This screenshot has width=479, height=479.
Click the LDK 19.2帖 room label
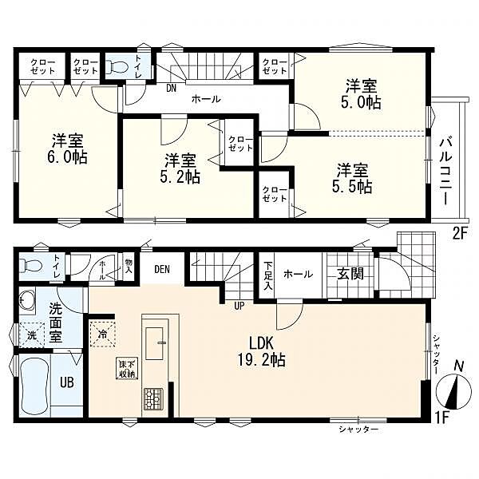point(263,351)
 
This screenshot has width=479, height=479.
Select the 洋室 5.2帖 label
point(180,168)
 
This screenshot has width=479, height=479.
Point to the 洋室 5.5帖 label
point(352,178)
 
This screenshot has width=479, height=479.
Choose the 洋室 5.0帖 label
point(361,94)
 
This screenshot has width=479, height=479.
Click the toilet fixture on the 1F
point(30,265)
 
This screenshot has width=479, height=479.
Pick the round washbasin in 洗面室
point(26,300)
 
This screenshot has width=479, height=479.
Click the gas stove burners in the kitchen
point(152,398)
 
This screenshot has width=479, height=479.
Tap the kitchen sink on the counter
point(155,344)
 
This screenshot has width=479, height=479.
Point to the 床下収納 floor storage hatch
point(127,369)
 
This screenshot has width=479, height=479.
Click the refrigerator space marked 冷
point(103,335)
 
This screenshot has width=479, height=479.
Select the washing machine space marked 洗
point(32,335)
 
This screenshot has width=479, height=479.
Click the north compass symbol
point(453,391)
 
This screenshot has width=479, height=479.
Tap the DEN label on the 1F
point(162,270)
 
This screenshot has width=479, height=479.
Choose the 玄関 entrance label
point(350,274)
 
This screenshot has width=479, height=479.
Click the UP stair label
point(239,306)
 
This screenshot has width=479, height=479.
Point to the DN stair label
point(172,89)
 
